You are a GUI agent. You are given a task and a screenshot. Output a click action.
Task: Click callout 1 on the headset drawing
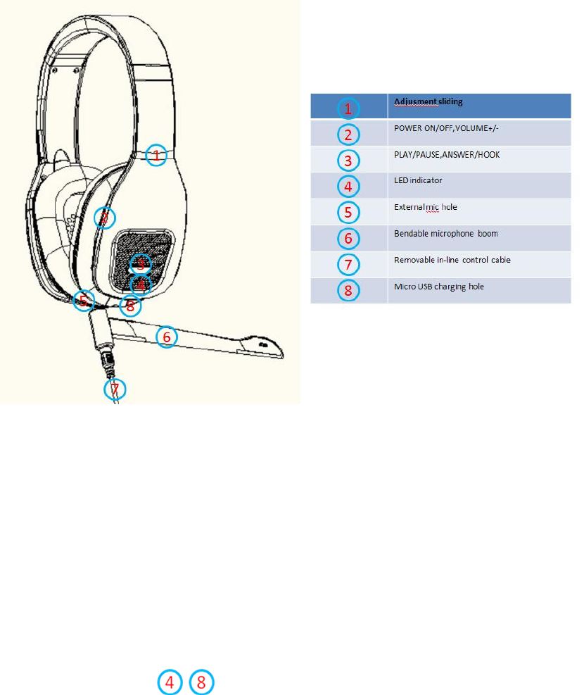coord(157,155)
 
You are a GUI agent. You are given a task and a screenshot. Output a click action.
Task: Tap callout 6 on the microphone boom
coord(166,337)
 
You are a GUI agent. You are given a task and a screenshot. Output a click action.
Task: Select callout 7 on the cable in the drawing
coord(115,389)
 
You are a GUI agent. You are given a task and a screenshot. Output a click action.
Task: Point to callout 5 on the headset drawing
coord(84,301)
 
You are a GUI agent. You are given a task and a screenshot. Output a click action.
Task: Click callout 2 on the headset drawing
coord(104,218)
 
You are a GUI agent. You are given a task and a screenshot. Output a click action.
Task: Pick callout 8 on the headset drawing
coord(129,306)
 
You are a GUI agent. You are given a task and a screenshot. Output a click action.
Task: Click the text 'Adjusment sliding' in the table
coord(429,102)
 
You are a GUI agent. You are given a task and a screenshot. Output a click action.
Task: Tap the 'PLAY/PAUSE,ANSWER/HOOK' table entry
coord(447,154)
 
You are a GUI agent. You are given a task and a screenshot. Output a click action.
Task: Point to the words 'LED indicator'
coord(417,181)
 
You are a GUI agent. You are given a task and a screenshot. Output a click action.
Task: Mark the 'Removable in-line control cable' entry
coord(452,260)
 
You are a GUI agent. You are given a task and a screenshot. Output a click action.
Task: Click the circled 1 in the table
coord(348,108)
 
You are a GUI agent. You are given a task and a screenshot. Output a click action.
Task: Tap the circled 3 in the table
coord(348,161)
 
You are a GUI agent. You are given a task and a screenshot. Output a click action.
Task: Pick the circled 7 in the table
coord(348,265)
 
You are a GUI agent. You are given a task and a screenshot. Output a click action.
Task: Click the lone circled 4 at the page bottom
coord(169,682)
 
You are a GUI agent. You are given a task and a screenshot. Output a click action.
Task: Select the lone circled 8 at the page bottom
coord(201,682)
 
